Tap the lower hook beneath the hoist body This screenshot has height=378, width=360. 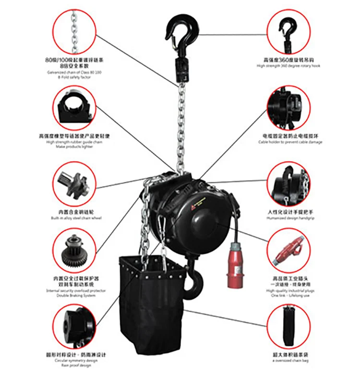click(194, 280)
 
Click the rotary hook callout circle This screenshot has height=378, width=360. click(288, 31)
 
